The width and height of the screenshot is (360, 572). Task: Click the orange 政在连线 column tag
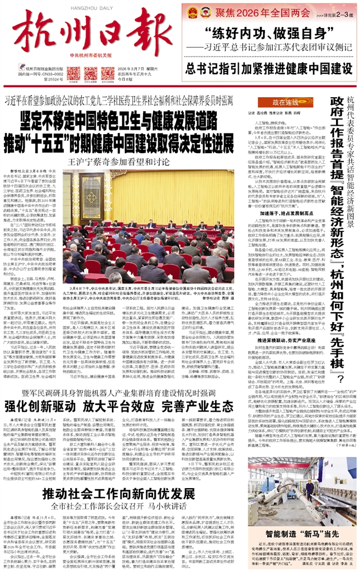pyautogui.click(x=286, y=88)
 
